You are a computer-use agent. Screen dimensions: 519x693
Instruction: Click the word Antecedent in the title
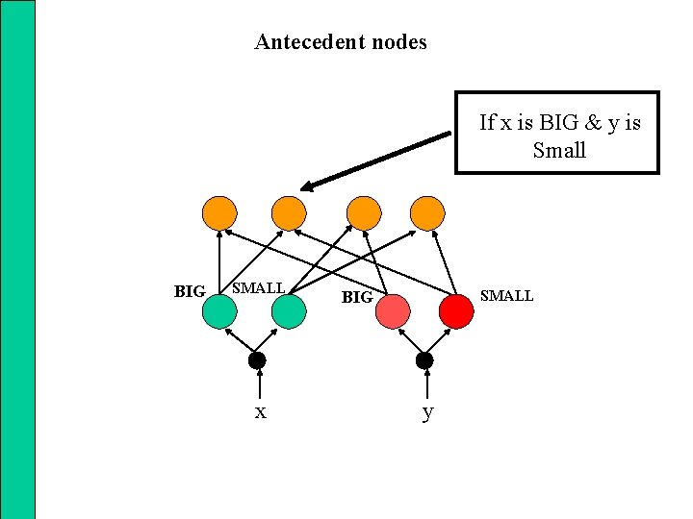coord(302,42)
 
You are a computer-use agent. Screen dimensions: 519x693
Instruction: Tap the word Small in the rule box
coord(559,150)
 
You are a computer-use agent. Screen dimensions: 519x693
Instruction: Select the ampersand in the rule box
coord(591,122)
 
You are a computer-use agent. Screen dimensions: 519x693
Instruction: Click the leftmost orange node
coord(220,212)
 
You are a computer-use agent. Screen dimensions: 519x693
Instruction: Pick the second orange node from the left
coord(288,212)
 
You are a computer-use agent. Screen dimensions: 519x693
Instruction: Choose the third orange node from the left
coord(363,212)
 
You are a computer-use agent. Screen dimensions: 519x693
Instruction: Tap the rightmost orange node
coord(428,212)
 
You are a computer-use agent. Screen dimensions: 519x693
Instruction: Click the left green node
coord(220,311)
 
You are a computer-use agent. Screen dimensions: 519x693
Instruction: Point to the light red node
coord(392,311)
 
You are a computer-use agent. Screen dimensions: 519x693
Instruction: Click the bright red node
coord(455,311)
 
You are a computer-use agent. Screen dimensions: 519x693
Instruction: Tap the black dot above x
coord(256,360)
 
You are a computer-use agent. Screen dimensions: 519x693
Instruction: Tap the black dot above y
coord(424,360)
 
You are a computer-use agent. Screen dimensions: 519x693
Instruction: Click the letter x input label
coord(260,412)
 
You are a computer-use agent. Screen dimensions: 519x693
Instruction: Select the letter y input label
coord(428,413)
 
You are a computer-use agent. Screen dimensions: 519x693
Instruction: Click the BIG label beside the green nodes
coord(190,291)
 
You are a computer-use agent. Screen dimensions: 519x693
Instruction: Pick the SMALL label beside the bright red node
coord(506,296)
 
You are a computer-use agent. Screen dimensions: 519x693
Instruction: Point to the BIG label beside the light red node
coord(357,298)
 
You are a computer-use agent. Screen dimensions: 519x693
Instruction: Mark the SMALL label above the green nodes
coord(259,287)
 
